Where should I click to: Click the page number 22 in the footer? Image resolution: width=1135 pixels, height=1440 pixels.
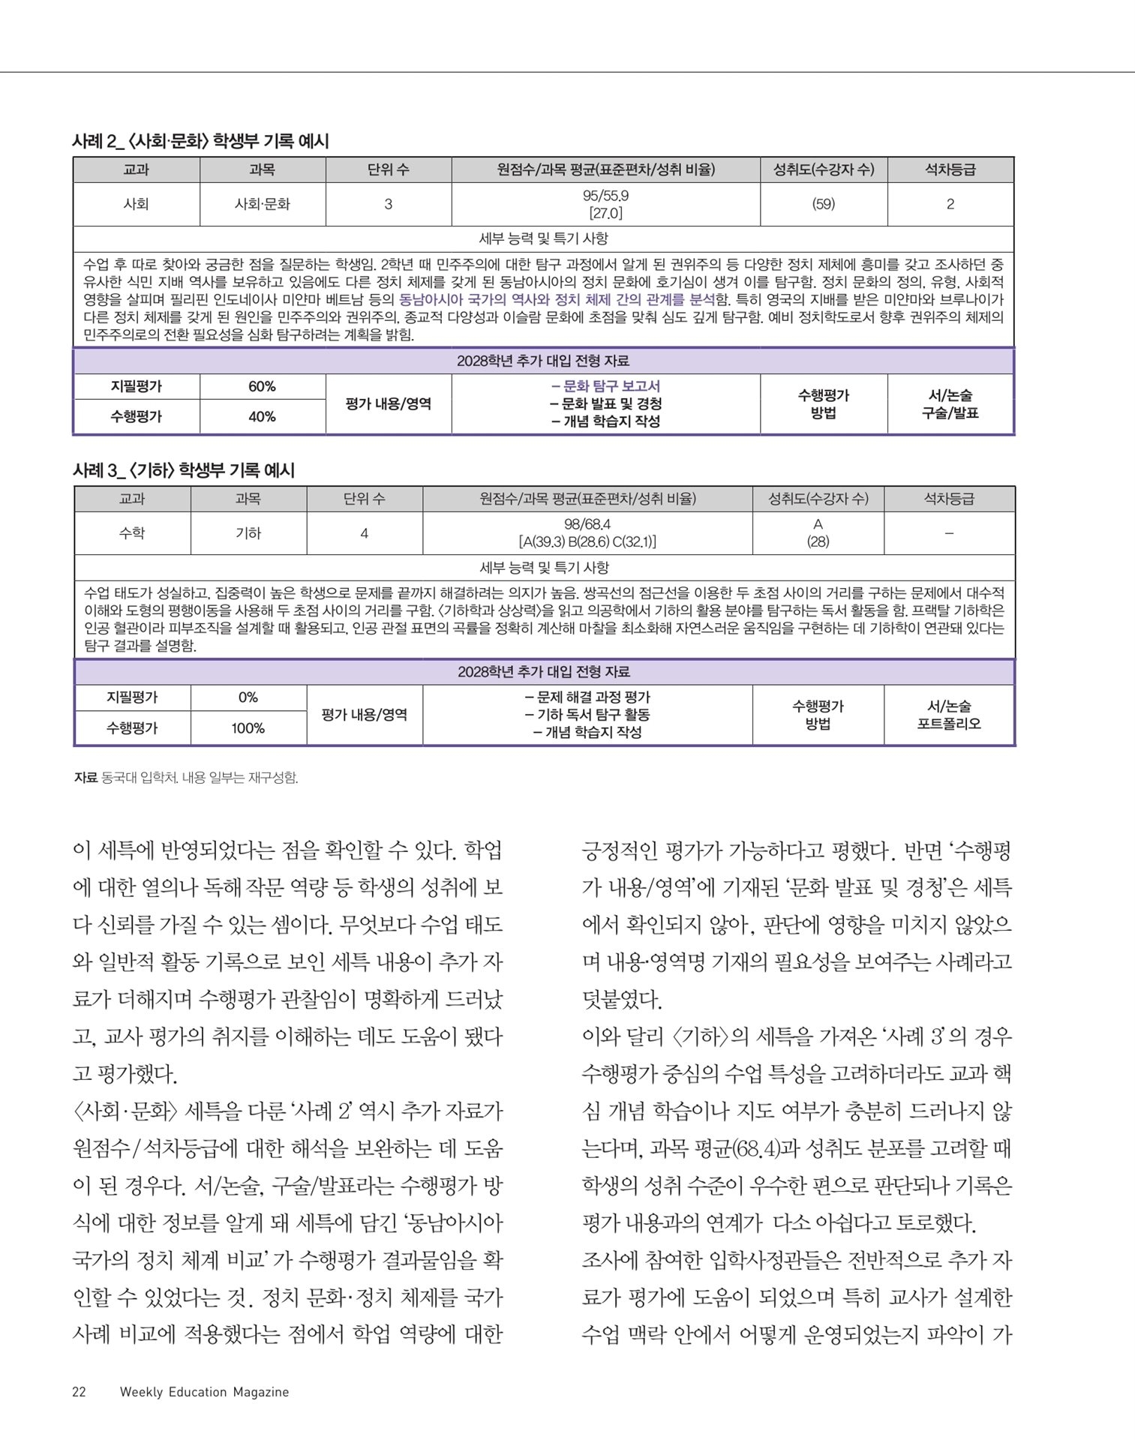pyautogui.click(x=79, y=1392)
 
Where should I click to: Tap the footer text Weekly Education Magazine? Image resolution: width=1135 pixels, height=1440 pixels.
pyautogui.click(x=204, y=1392)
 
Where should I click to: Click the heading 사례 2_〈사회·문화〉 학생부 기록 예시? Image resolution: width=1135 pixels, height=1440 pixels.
pyautogui.click(x=200, y=141)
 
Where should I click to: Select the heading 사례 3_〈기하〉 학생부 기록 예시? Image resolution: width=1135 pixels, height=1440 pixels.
pyautogui.click(x=184, y=470)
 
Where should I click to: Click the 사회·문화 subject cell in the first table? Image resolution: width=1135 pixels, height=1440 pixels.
pyautogui.click(x=262, y=204)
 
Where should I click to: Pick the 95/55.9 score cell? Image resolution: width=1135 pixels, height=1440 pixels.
pyautogui.click(x=605, y=196)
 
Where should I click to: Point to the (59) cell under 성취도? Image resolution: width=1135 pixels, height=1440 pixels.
pyautogui.click(x=823, y=204)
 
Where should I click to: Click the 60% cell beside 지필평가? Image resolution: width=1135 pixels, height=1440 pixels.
pyautogui.click(x=262, y=386)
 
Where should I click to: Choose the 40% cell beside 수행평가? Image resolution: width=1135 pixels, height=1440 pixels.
pyautogui.click(x=262, y=416)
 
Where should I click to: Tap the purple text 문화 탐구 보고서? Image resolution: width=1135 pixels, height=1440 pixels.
pyautogui.click(x=611, y=386)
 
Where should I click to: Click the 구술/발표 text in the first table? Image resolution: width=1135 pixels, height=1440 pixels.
pyautogui.click(x=950, y=413)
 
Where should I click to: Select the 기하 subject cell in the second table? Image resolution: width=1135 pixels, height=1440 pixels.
pyautogui.click(x=248, y=533)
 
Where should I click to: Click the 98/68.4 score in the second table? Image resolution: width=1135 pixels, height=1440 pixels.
pyautogui.click(x=587, y=524)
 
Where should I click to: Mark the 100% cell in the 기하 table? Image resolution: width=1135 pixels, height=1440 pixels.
pyautogui.click(x=248, y=728)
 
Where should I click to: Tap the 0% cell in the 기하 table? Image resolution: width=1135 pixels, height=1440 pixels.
pyautogui.click(x=248, y=697)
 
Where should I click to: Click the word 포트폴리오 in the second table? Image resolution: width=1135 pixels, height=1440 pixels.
pyautogui.click(x=949, y=724)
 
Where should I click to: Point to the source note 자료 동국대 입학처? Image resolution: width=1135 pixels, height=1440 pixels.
pyautogui.click(x=186, y=778)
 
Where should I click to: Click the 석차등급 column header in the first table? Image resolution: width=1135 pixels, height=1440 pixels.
pyautogui.click(x=950, y=170)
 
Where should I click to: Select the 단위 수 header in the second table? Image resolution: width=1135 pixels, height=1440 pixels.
pyautogui.click(x=364, y=499)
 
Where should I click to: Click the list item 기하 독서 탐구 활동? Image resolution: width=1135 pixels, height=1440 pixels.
pyautogui.click(x=587, y=715)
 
